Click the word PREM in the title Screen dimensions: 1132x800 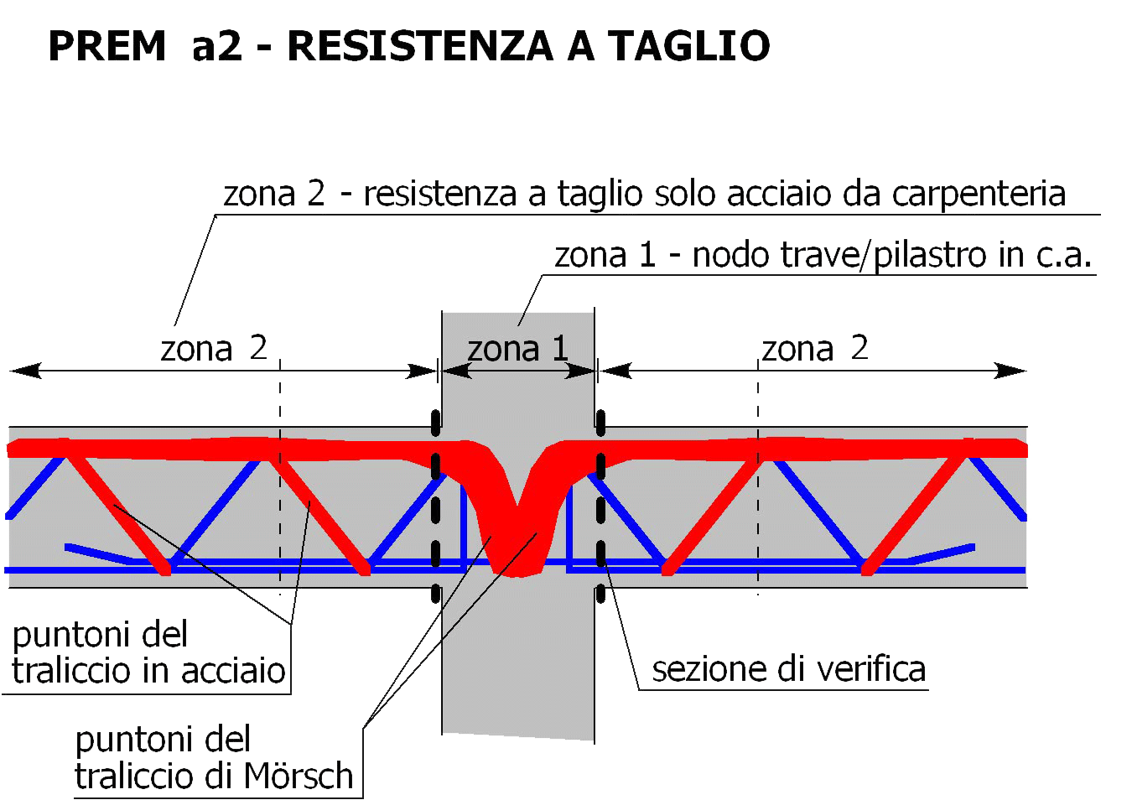coord(107,45)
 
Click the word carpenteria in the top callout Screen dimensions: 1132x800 coord(979,195)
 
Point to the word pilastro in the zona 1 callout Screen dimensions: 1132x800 coord(930,255)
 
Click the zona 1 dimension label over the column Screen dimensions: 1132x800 coord(518,348)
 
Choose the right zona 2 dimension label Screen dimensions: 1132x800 coord(815,348)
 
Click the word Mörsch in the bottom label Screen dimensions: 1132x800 coord(299,775)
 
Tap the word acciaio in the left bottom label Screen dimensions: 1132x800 coord(233,671)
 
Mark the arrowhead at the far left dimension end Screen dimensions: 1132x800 coord(25,371)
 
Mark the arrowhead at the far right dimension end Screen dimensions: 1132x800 coord(1010,371)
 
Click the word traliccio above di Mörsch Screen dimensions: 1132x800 coord(134,775)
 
